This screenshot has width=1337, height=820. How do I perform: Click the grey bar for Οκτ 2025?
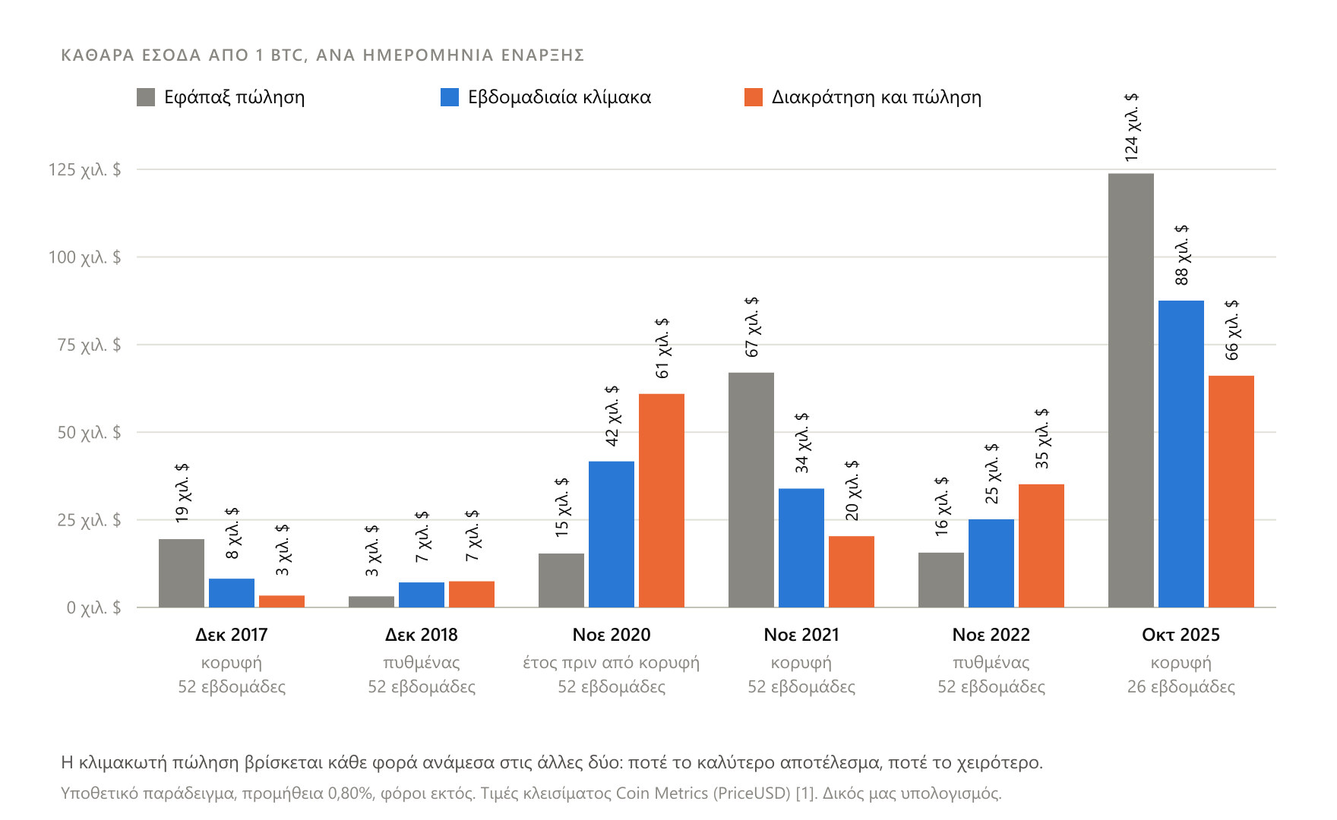tap(1130, 390)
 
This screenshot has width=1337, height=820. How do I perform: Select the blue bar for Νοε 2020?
tap(612, 535)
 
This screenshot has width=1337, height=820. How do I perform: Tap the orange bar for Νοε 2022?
tap(1041, 546)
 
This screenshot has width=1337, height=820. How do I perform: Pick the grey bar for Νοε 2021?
tap(751, 490)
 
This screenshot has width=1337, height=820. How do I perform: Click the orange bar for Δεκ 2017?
tap(282, 601)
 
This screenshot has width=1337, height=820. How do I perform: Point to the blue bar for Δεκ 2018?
tap(422, 595)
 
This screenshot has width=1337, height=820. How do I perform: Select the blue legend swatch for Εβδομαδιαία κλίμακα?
tap(450, 97)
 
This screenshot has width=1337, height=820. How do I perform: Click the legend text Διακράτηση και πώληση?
tap(877, 97)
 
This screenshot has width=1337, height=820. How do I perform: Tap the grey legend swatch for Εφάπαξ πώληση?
tap(146, 97)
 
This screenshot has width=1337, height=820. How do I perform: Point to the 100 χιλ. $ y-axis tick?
tap(84, 257)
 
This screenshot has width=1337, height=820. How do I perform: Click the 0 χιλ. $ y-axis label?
tap(93, 607)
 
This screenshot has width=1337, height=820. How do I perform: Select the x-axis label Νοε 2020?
tap(612, 635)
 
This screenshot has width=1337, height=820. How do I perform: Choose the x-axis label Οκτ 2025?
tap(1181, 635)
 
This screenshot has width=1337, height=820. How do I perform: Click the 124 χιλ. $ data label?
tap(1131, 128)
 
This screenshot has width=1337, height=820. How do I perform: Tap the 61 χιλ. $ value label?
tap(662, 348)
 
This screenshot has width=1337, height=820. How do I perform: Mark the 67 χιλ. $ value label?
tap(751, 327)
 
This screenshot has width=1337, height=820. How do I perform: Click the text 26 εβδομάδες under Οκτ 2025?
tap(1181, 687)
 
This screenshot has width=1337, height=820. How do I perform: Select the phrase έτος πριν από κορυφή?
tap(612, 663)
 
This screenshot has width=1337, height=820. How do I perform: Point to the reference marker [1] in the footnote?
tap(806, 793)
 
